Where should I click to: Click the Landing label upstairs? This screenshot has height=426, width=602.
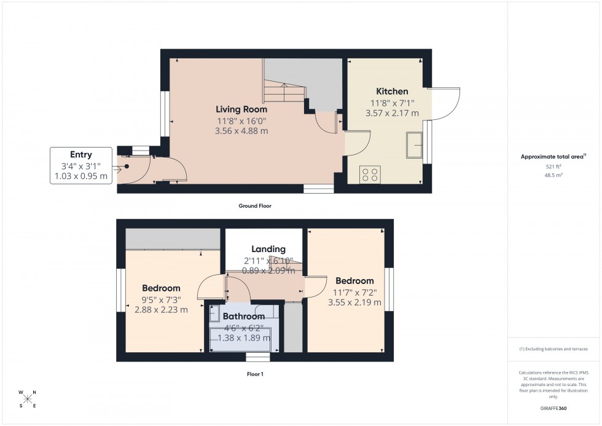[x=268, y=249]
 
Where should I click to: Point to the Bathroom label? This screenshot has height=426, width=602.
[x=243, y=317]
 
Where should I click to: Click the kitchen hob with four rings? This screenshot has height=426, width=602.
[x=371, y=174]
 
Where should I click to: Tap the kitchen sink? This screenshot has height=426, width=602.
[x=415, y=145]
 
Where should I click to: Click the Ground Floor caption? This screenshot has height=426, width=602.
[x=255, y=206]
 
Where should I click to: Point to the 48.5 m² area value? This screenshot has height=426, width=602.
[x=553, y=175]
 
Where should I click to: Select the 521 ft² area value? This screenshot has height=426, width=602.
[x=553, y=167]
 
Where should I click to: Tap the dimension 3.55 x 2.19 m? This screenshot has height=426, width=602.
[x=354, y=302]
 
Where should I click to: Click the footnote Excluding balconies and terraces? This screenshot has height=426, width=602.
[x=553, y=349]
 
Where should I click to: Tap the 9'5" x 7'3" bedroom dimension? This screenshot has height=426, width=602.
[x=161, y=299]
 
